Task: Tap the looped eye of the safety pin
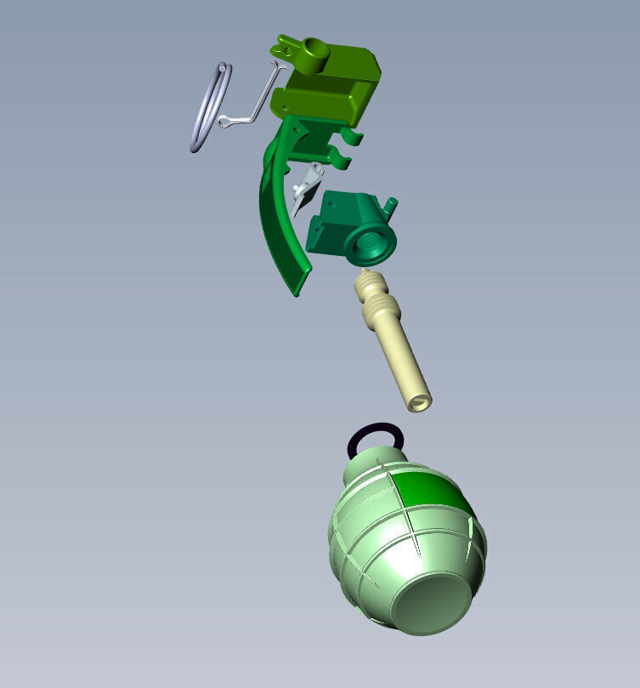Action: [x=227, y=123]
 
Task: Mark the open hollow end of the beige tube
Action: [x=419, y=401]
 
